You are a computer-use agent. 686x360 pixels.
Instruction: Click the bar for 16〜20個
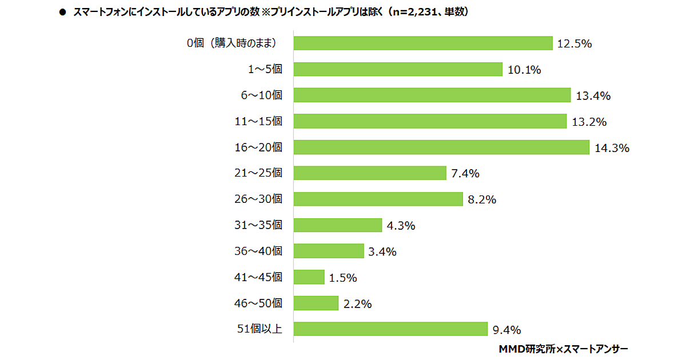pyautogui.click(x=441, y=147)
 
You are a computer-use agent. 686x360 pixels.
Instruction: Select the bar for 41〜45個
pyautogui.click(x=309, y=277)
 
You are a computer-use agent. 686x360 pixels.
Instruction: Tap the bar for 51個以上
pyautogui.click(x=390, y=329)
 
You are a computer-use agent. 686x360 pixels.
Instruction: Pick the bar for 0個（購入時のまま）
pyautogui.click(x=423, y=43)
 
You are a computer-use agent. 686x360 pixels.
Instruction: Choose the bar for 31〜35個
pyautogui.click(x=337, y=225)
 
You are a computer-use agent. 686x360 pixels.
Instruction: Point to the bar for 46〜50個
pyautogui.click(x=316, y=303)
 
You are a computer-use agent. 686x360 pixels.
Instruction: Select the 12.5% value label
pyautogui.click(x=574, y=44)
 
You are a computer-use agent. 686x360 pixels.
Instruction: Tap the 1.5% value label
pyautogui.click(x=343, y=278)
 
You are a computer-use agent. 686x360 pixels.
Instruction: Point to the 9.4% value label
pyautogui.click(x=506, y=330)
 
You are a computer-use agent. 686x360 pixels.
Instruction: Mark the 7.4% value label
pyautogui.click(x=465, y=174)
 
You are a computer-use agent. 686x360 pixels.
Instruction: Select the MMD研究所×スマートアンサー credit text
pyautogui.click(x=563, y=348)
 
